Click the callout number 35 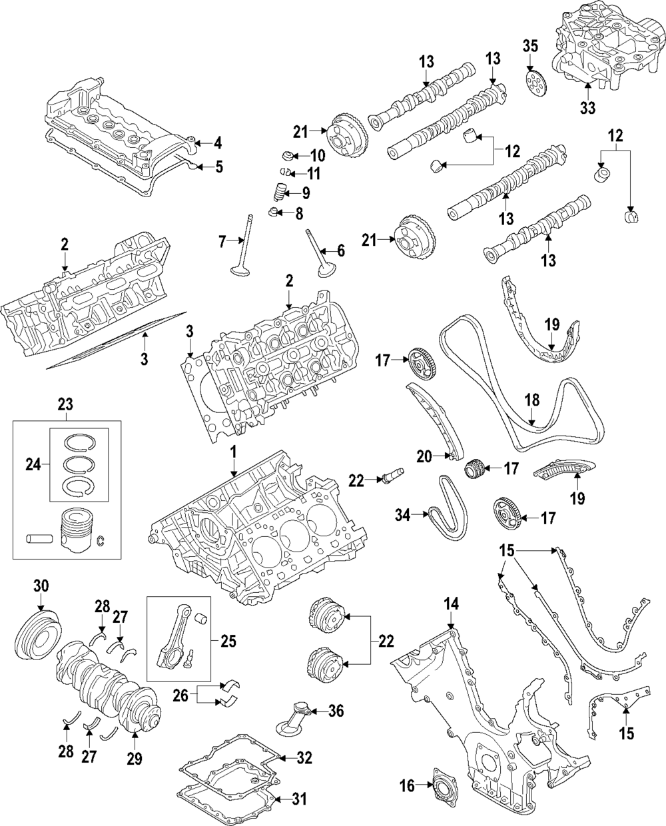(529, 47)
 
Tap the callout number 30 (41, 586)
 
